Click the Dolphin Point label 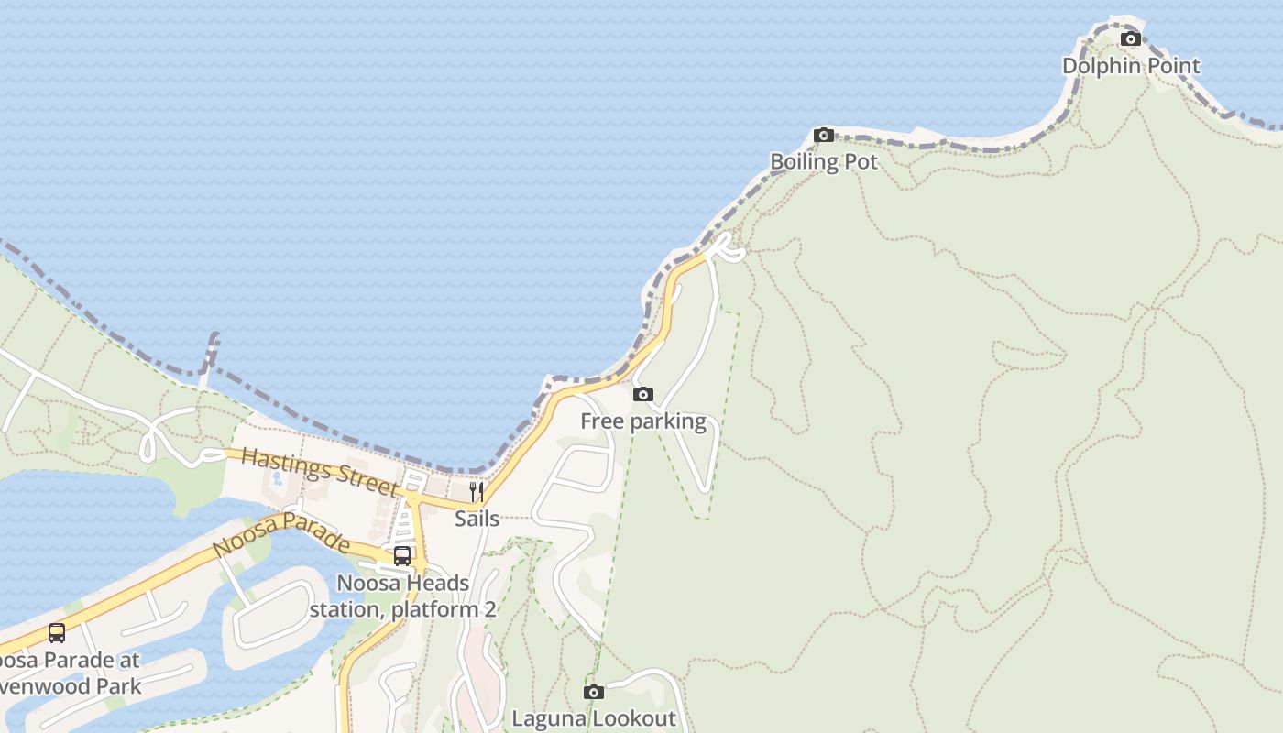[x=1131, y=66]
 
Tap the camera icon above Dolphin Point [x=1131, y=38]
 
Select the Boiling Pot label [x=824, y=162]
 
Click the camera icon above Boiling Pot [x=824, y=136]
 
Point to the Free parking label [x=643, y=421]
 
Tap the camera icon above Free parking [x=643, y=395]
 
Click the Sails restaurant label [x=477, y=519]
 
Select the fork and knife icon [x=477, y=492]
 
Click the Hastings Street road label [x=321, y=473]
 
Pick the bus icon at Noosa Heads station [x=402, y=555]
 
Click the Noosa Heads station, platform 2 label [x=403, y=596]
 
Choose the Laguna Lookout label [x=594, y=719]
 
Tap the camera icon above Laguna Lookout [x=594, y=692]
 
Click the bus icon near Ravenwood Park [x=57, y=632]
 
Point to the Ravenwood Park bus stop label [x=69, y=673]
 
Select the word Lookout [x=631, y=719]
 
